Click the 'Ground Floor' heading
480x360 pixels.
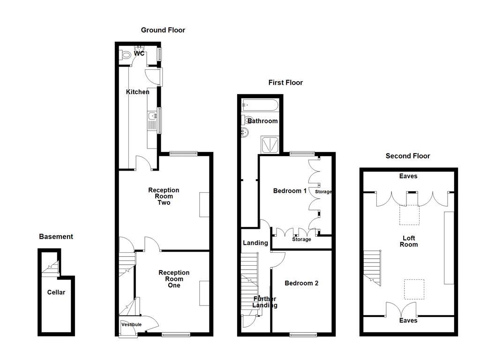163,30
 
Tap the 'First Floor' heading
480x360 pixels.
285,82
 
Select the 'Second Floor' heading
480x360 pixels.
407,156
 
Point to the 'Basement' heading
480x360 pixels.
56,237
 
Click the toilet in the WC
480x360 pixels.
125,55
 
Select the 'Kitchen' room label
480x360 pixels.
137,92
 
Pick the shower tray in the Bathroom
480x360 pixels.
270,144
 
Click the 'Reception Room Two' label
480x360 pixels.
164,196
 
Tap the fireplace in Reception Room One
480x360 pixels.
204,293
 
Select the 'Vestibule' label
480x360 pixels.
131,324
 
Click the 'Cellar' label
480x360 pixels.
56,292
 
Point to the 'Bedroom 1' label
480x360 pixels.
290,191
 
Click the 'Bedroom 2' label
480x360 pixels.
301,283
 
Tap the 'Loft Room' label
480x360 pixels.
409,241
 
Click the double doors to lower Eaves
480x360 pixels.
401,309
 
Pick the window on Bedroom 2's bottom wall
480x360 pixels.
303,334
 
